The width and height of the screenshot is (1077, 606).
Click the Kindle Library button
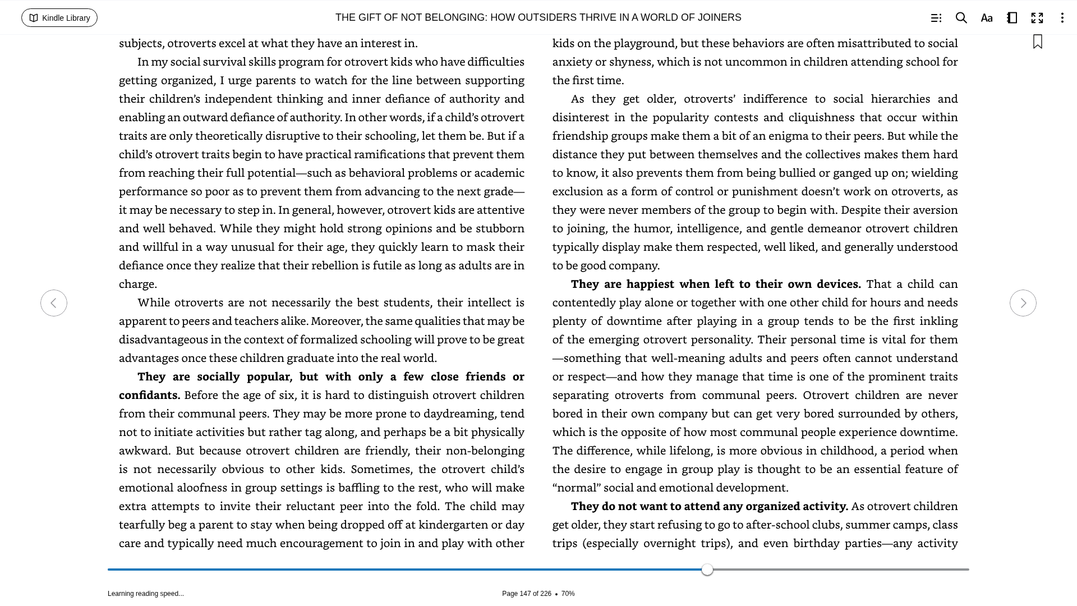tap(59, 18)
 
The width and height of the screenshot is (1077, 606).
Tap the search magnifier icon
tap(961, 18)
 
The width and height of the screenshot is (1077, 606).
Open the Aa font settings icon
tap(986, 18)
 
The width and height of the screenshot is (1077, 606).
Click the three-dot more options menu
tap(1062, 18)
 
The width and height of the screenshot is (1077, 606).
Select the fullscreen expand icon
tap(1037, 18)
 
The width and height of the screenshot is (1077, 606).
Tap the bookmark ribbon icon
tap(1037, 42)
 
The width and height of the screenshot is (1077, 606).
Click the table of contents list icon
tap(936, 18)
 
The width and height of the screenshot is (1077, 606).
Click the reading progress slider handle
tap(707, 570)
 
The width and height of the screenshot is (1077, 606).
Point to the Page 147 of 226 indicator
tap(526, 594)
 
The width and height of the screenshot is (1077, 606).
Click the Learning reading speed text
tap(146, 594)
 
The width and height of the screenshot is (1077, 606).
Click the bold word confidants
tap(149, 395)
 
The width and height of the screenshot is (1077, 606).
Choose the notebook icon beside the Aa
tap(1012, 18)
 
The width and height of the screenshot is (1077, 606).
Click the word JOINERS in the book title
tap(719, 17)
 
